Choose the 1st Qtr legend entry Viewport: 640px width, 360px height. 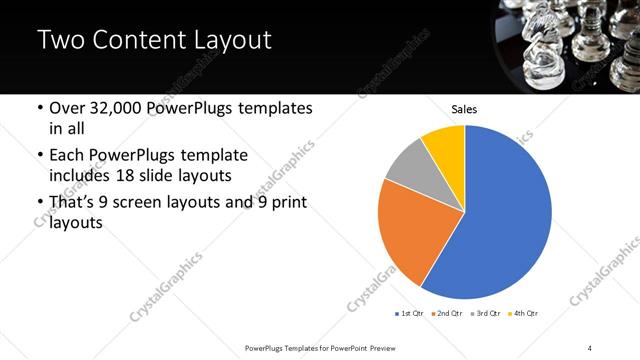[410, 314]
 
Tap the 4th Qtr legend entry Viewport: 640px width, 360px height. [525, 314]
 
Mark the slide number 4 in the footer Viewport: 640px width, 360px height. [590, 347]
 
